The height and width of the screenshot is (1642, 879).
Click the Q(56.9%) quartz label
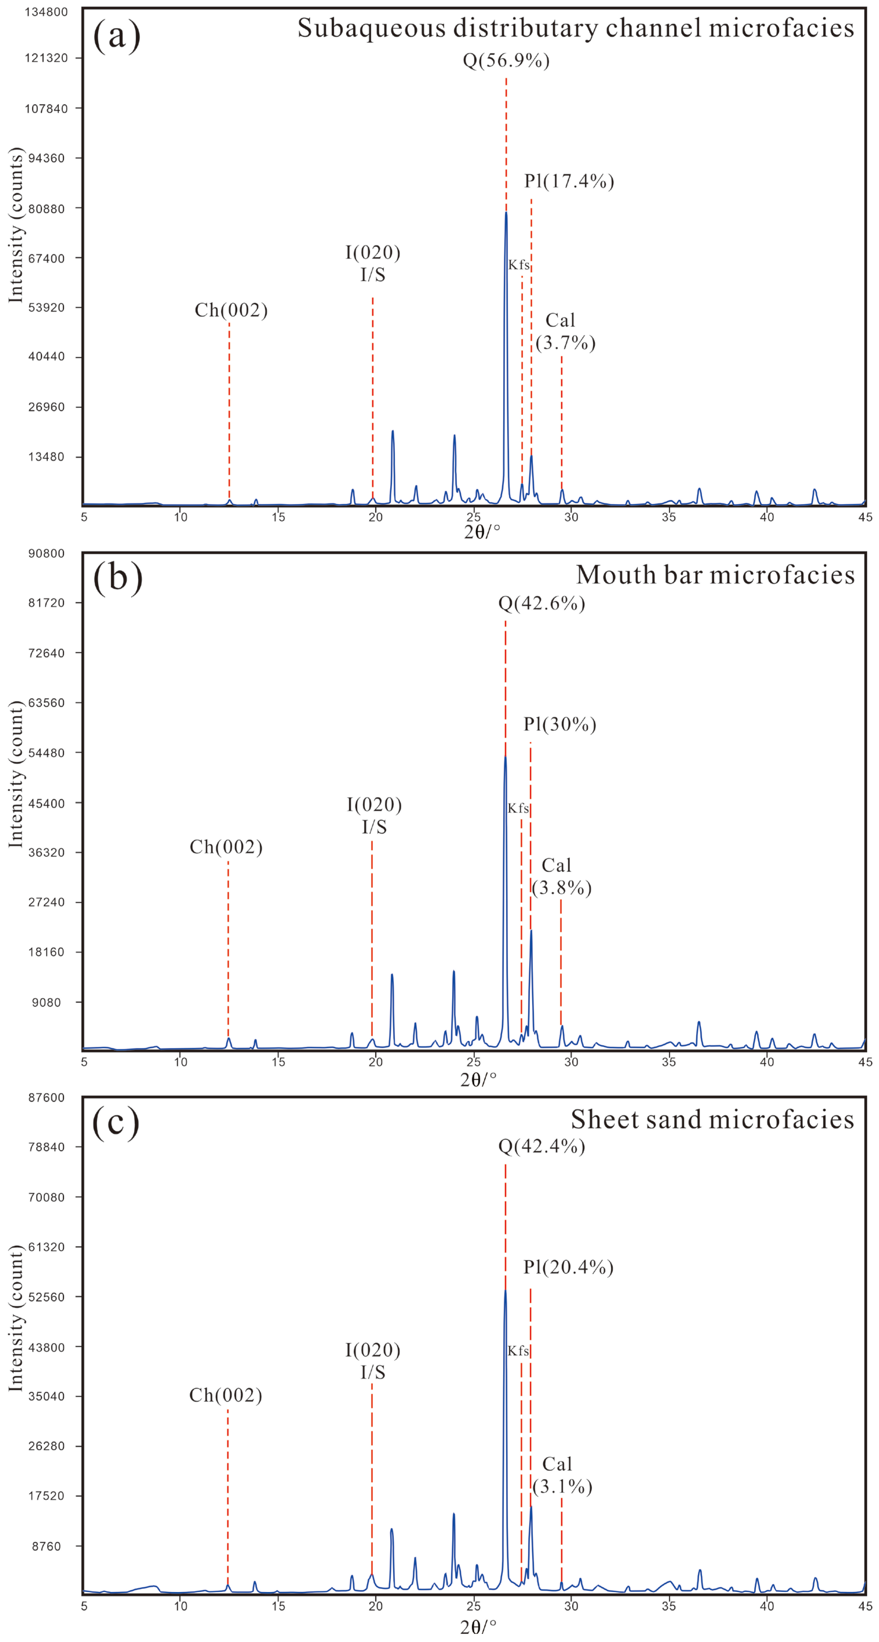tap(506, 61)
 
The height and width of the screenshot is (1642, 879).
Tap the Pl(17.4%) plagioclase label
tap(569, 182)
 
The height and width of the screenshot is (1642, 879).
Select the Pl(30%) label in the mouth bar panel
tap(560, 725)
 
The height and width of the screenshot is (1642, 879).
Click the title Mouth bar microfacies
tap(715, 575)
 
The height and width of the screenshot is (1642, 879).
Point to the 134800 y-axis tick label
tap(46, 12)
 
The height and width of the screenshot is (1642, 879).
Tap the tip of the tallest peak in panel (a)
tap(506, 212)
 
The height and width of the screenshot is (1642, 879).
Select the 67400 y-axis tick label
tap(46, 258)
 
